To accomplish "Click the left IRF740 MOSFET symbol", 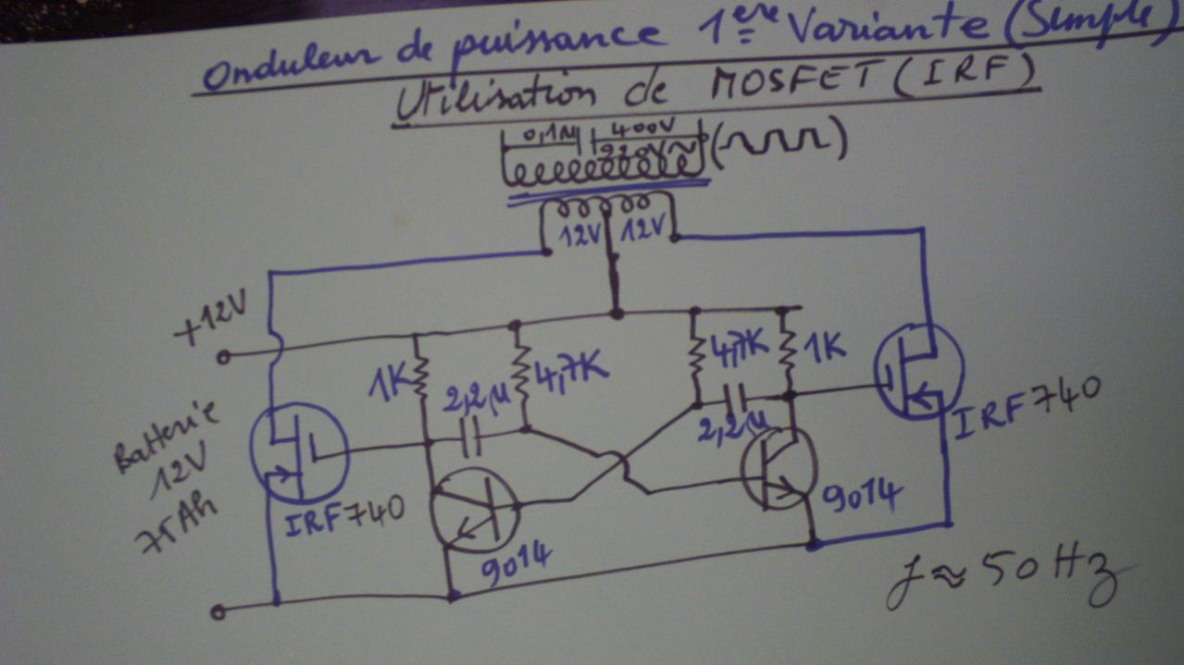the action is [299, 452].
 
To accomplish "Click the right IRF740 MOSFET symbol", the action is [917, 373].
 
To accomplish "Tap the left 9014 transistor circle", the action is [475, 510].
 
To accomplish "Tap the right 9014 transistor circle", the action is [779, 468].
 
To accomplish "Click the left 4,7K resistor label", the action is [572, 370].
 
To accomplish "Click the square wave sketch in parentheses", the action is [781, 142].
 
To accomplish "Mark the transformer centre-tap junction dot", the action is [616, 314].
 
